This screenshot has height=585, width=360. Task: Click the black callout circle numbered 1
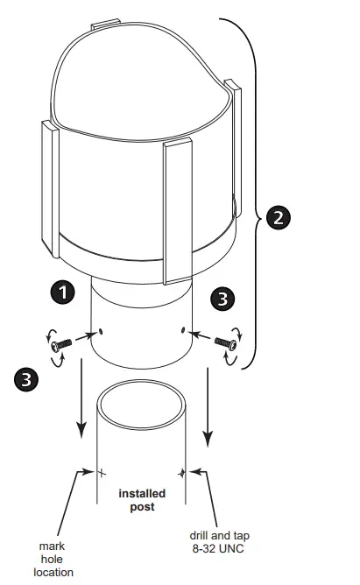coord(62,292)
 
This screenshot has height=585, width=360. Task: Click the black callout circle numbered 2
coord(277,217)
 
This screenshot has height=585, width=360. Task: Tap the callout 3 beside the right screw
coord(224,300)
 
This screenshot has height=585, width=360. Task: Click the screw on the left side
coord(58,346)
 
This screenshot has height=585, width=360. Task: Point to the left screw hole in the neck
coord(102,331)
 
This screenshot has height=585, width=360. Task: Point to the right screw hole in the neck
coord(181,330)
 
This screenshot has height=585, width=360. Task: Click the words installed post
coord(142,500)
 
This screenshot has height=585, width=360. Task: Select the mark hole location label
coord(53,560)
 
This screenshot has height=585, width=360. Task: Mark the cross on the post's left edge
coord(100,473)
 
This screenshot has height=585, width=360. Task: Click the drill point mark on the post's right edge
coord(182,473)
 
